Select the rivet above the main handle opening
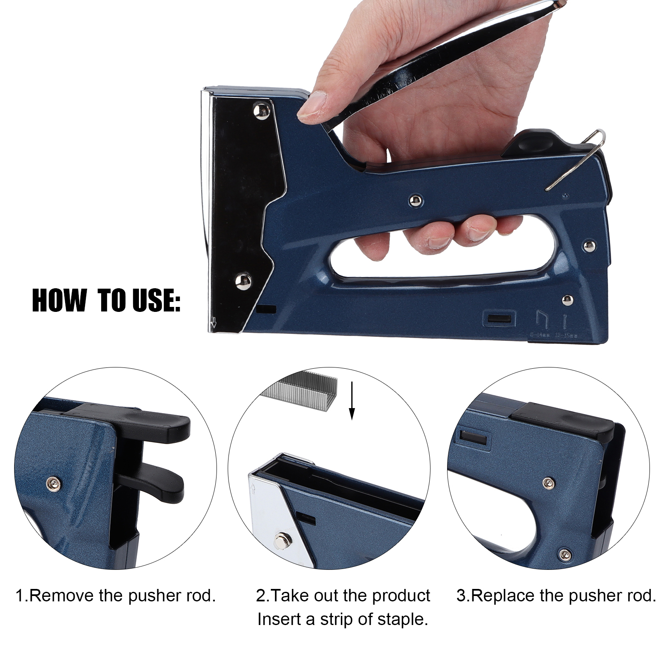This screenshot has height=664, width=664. point(414,201)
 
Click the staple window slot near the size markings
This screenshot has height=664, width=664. point(499,319)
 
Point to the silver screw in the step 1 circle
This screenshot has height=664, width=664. point(53,482)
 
